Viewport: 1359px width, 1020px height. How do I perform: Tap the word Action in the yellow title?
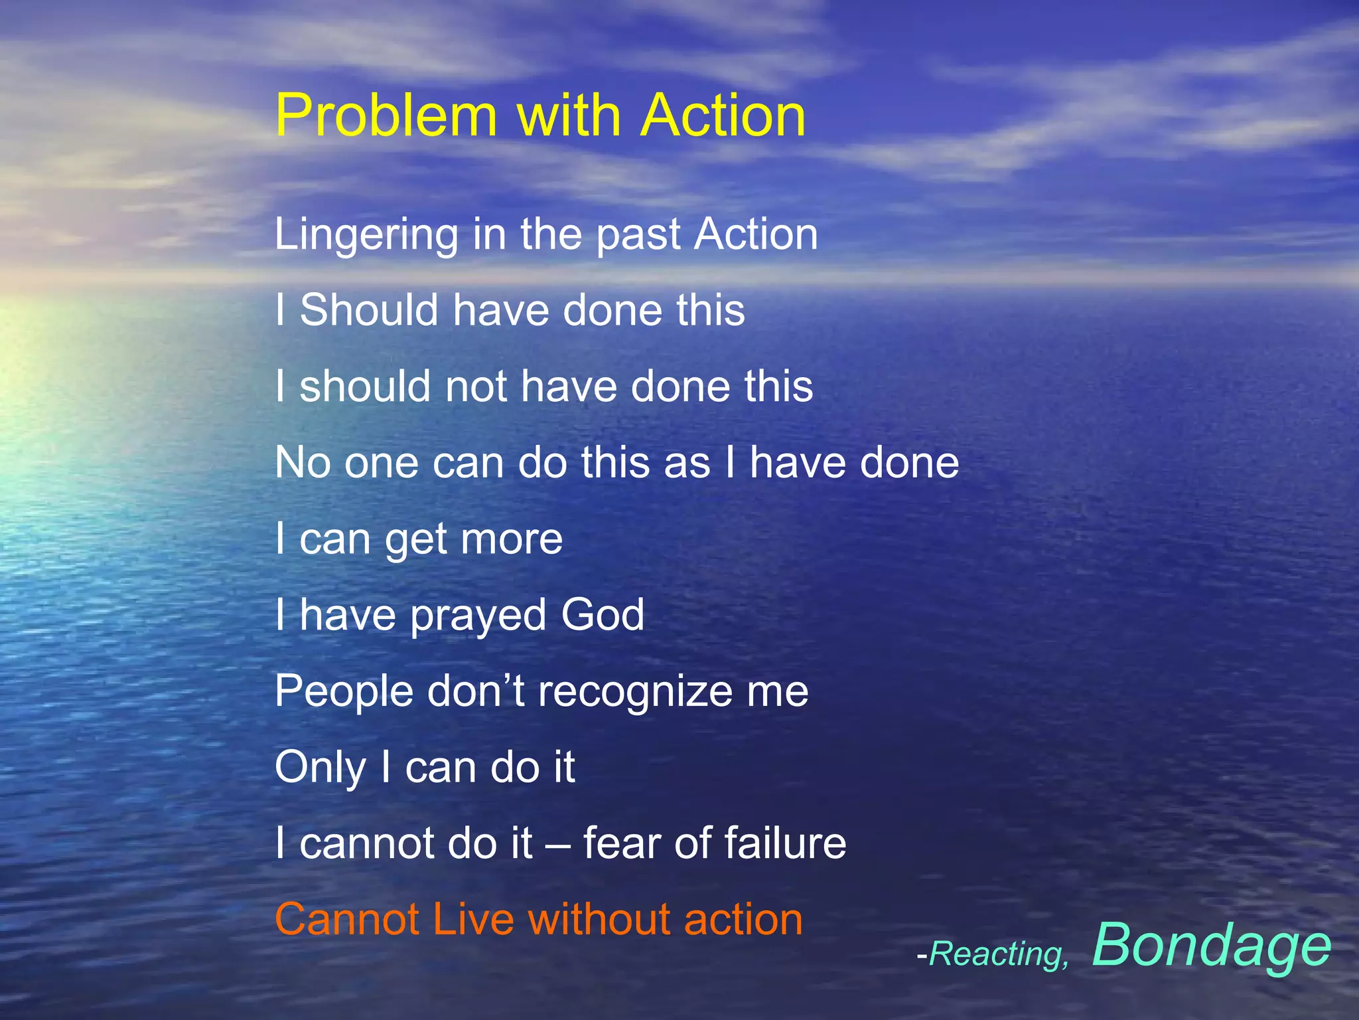[723, 116]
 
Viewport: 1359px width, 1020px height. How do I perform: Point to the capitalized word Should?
[369, 310]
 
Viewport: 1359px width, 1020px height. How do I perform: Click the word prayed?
[478, 616]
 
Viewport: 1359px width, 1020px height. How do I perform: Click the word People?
[344, 691]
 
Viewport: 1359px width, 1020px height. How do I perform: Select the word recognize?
[635, 693]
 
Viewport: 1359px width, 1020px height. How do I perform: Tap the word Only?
[321, 768]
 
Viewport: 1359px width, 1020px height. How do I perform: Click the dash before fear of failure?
[558, 844]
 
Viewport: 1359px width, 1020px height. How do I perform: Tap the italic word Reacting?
[999, 955]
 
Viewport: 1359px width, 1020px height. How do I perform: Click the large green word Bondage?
[1211, 945]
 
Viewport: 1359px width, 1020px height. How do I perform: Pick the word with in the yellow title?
[568, 116]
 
